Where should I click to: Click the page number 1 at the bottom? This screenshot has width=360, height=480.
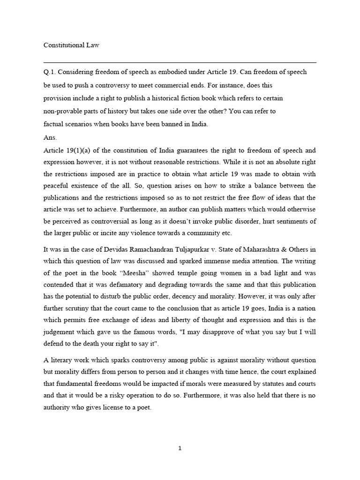180,448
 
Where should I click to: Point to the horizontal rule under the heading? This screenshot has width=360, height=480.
180,62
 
